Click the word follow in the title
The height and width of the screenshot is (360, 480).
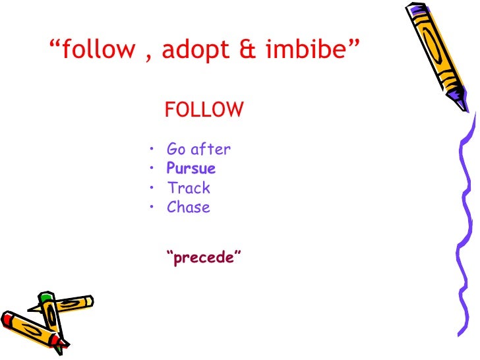click(x=100, y=50)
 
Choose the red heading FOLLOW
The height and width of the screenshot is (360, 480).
click(x=204, y=110)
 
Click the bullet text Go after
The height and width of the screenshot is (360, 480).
click(x=198, y=149)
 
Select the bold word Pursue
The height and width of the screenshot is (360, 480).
click(x=191, y=168)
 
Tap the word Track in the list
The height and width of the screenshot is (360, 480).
click(x=189, y=188)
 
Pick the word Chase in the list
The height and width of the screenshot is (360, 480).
click(x=189, y=207)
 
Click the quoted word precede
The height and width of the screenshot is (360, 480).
click(x=204, y=257)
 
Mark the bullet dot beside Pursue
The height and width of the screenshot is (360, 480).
click(x=152, y=168)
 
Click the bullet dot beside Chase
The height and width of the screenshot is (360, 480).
click(x=152, y=207)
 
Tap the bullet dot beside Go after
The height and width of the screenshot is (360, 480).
click(x=152, y=149)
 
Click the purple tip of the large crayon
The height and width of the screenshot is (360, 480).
click(x=462, y=105)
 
